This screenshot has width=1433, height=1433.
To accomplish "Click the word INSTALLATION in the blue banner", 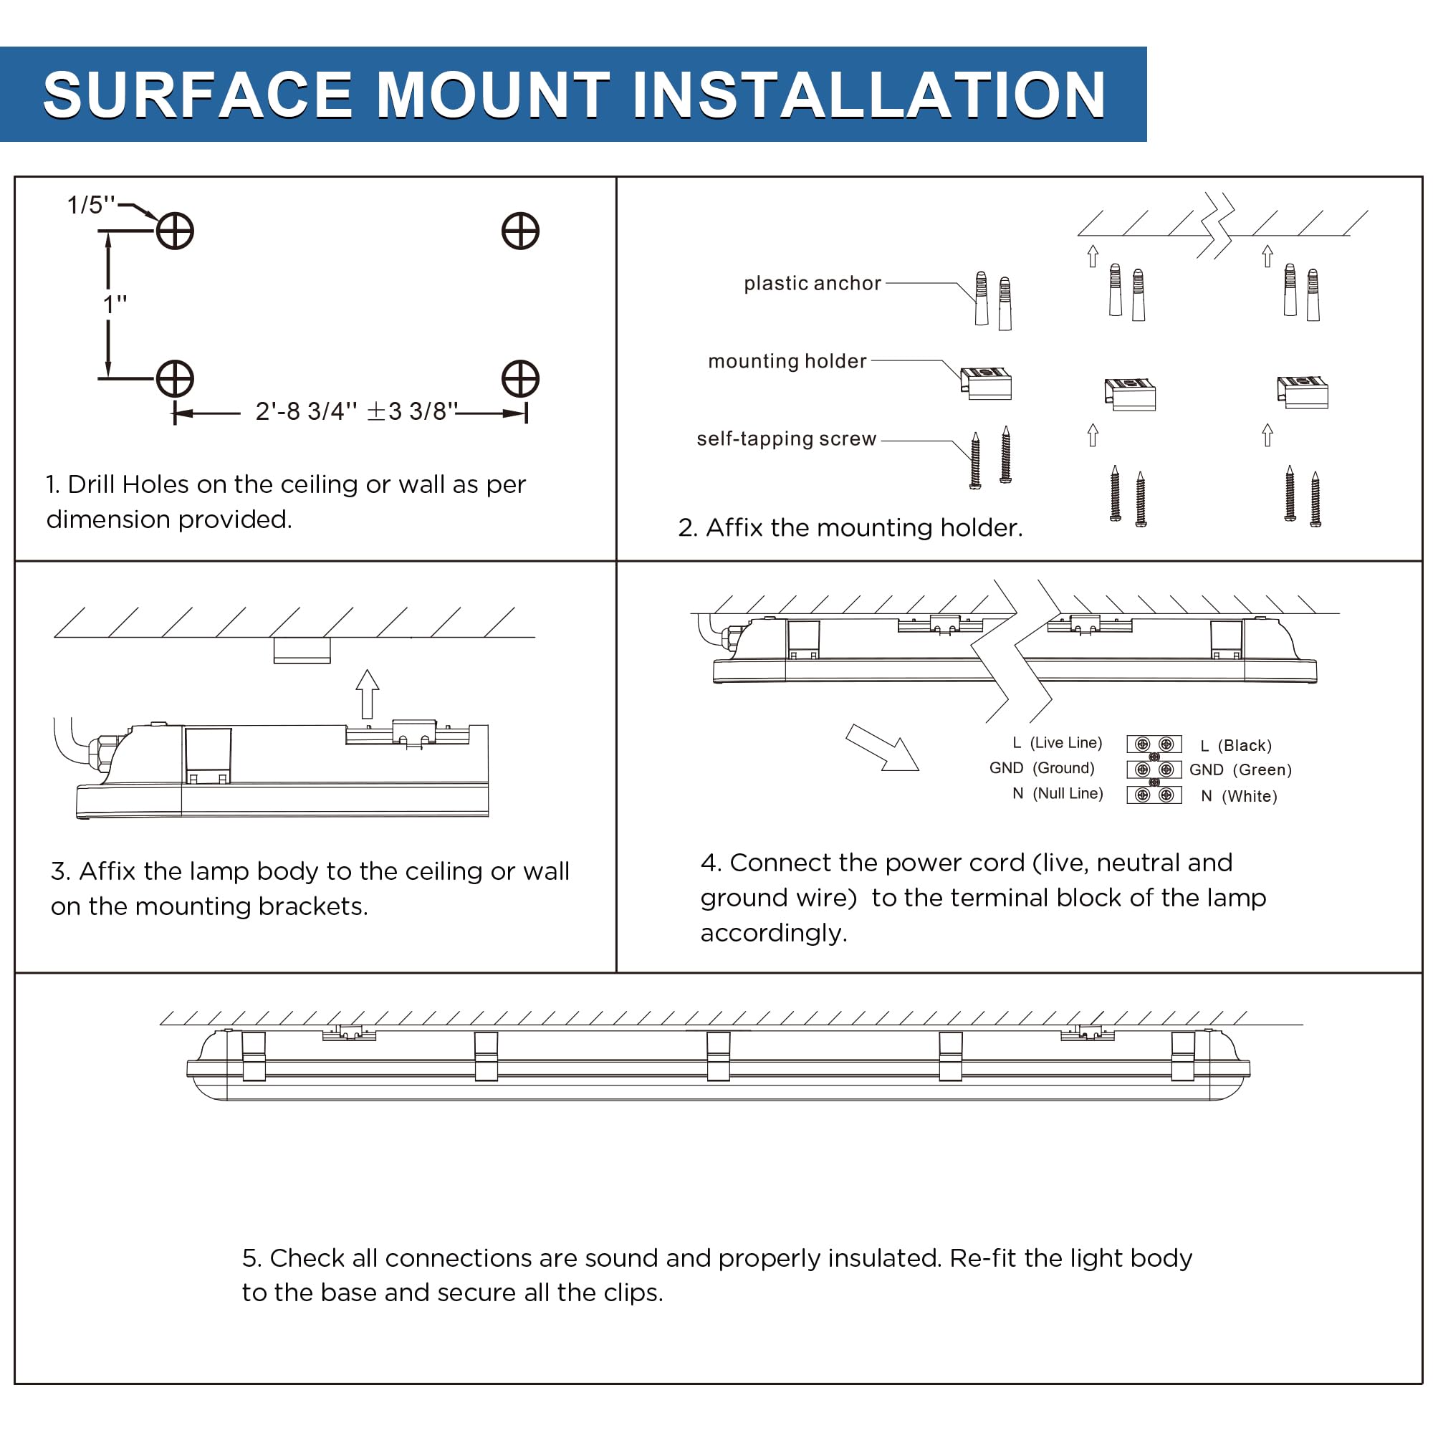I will click(x=868, y=95).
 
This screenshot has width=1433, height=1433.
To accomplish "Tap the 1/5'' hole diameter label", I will click(x=90, y=205).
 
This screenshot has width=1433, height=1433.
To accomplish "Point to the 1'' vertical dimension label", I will click(x=115, y=304).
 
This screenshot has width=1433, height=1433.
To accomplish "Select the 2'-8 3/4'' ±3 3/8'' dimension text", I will click(x=356, y=411).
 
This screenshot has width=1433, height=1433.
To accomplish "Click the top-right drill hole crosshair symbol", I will click(x=520, y=231).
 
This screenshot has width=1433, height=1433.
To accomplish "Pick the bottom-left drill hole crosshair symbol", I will click(x=175, y=379).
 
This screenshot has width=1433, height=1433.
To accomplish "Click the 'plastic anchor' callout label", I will click(x=813, y=283).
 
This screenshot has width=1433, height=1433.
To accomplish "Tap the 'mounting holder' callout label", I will click(x=787, y=361).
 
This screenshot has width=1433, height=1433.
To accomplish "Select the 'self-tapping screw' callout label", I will click(x=786, y=439).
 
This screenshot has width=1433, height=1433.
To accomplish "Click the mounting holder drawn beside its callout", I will click(x=987, y=383).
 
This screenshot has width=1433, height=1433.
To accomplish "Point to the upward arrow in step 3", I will click(x=367, y=694).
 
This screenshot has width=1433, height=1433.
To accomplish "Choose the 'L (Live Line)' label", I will click(x=1057, y=743).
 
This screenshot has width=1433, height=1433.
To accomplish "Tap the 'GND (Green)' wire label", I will click(x=1240, y=770).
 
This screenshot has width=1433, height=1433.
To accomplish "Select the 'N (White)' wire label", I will click(x=1239, y=797).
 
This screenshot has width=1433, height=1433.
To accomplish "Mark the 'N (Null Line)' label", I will click(x=1058, y=794).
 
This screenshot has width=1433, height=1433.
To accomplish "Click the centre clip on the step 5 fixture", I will click(x=718, y=1056).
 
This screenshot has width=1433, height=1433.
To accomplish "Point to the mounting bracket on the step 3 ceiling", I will click(x=302, y=651).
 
